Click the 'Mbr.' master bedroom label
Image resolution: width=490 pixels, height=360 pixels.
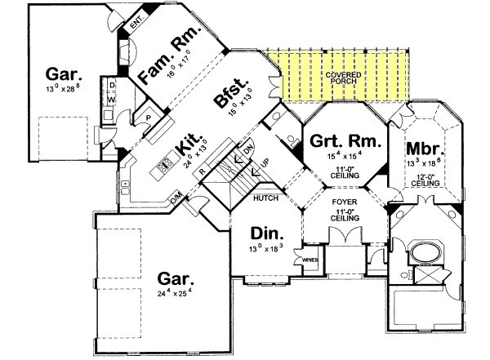coord(424,150)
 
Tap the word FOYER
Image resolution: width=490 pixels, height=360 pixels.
coord(343,199)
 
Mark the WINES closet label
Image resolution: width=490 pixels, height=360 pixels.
coord(310,261)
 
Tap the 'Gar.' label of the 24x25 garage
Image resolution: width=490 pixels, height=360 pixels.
coord(176,278)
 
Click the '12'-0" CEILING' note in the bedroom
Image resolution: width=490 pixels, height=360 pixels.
coord(425,180)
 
